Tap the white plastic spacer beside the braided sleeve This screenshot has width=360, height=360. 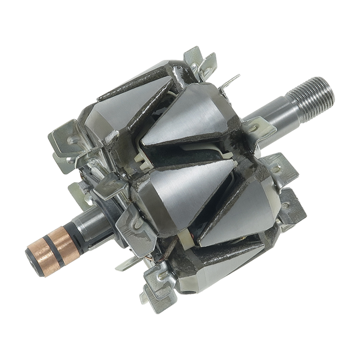[x=185, y=234]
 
